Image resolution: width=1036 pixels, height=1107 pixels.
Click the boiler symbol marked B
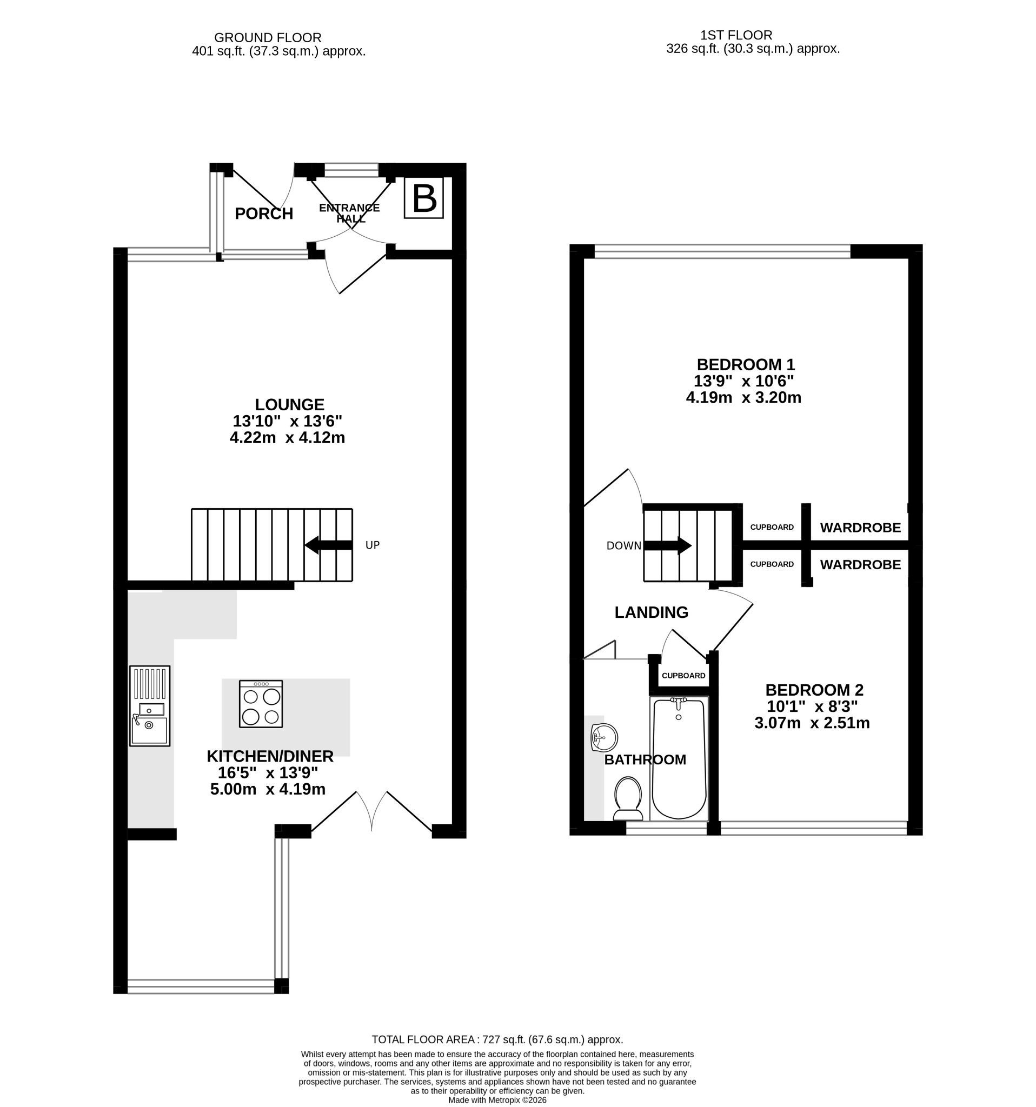pos(424,198)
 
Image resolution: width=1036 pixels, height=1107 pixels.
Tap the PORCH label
pos(264,214)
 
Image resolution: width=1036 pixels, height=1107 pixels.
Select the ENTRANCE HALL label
pos(350,214)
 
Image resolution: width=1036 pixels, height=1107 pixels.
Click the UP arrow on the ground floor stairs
pos(329,545)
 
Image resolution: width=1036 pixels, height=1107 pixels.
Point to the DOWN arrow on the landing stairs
pos(667,546)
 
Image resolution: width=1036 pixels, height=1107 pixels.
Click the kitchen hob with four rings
pos(261,704)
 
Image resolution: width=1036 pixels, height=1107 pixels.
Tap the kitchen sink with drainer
pos(150,705)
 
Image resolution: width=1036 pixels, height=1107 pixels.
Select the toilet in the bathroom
pos(628,798)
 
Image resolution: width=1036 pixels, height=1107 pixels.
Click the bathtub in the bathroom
pos(679,758)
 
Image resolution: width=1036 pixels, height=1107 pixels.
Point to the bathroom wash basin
pos(605,738)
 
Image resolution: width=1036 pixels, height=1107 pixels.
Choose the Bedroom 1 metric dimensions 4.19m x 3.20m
pos(743,398)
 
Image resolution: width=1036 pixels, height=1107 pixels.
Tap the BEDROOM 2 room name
pos(814,690)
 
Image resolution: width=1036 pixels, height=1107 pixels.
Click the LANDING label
pos(652,612)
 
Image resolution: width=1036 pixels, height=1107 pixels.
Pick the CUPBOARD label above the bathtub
pos(683,676)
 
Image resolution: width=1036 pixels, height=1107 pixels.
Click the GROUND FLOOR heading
pos(268,38)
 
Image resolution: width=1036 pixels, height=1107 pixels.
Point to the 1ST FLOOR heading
pos(736,35)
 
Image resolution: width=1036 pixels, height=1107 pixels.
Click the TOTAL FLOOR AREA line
pos(497,1039)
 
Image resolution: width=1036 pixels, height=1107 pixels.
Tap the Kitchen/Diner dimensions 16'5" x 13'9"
pos(268,773)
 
